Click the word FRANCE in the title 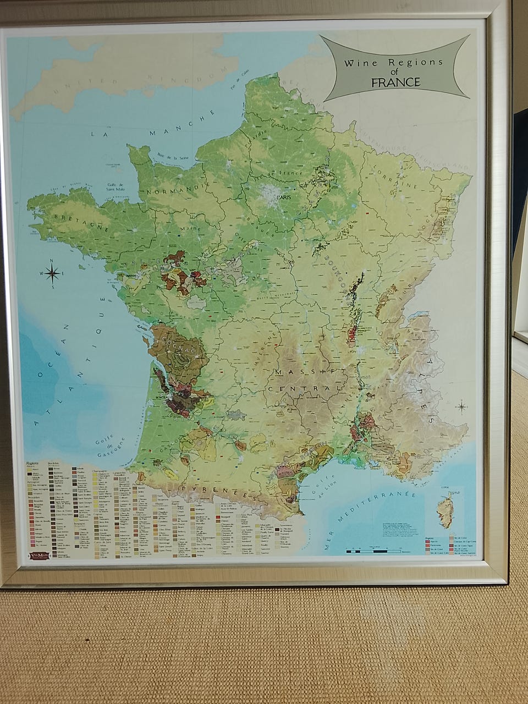click(x=395, y=82)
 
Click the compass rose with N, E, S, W click(x=52, y=273)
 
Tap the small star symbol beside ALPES click(x=461, y=408)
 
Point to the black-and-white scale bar click(x=374, y=550)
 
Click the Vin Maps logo click(x=38, y=555)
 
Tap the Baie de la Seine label click(x=169, y=157)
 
